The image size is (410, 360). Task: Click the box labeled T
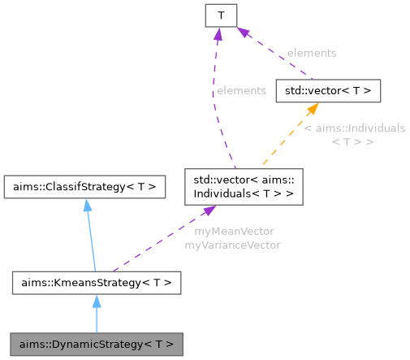tap(220, 14)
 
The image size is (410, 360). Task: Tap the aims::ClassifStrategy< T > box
tap(84, 187)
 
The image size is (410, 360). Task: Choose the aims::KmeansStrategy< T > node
tap(96, 283)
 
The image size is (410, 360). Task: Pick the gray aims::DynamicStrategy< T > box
tap(96, 344)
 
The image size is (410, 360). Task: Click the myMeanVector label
tap(233, 232)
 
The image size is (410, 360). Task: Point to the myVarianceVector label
tap(233, 245)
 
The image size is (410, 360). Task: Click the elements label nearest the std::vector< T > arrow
tap(311, 53)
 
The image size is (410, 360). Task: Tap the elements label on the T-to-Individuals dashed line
tap(240, 91)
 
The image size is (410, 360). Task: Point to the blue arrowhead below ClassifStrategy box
tap(86, 206)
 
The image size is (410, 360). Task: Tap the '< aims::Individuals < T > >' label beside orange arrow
tap(353, 135)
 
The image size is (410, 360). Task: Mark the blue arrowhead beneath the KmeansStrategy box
tap(96, 302)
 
